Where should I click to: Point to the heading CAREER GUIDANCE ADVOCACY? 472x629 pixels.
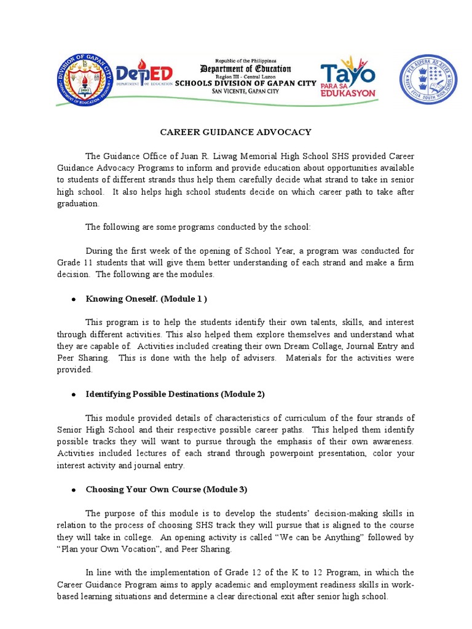[236, 132]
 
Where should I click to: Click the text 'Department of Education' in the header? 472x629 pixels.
[245, 69]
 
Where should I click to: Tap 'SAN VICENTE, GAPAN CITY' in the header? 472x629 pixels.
[245, 92]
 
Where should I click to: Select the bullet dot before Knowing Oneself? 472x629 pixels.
[73, 299]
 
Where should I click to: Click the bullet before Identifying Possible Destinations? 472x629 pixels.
[73, 394]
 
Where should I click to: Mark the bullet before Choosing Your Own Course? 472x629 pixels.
[73, 490]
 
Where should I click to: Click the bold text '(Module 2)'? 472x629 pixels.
[243, 394]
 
